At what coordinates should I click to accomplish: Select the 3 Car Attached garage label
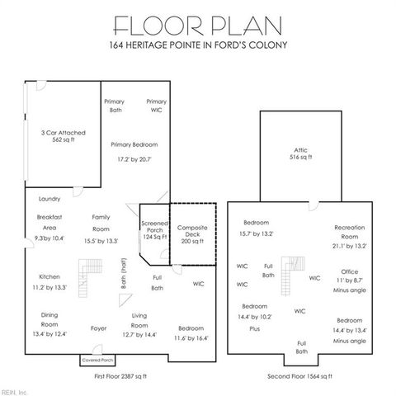(64, 136)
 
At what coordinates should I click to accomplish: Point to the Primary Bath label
(114, 106)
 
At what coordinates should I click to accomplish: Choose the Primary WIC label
(157, 106)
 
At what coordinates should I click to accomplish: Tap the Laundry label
(49, 199)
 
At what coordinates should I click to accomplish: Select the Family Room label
(101, 222)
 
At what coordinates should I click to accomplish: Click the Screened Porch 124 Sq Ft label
(154, 230)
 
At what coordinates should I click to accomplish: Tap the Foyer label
(98, 328)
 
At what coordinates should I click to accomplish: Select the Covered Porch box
(97, 361)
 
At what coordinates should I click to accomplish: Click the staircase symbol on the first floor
(87, 271)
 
